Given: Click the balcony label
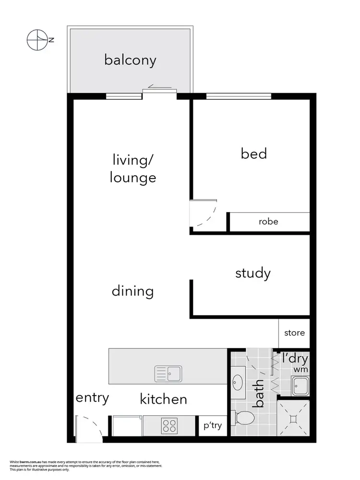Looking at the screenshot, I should click(x=130, y=60).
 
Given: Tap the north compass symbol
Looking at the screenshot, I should click(x=37, y=40).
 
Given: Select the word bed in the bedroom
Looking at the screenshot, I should click(x=253, y=154).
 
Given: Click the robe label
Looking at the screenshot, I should click(x=268, y=222).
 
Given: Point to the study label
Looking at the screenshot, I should click(x=253, y=274).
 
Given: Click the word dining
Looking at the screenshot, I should click(x=132, y=291).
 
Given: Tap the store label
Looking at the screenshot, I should click(x=294, y=333).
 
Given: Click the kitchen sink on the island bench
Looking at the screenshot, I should click(x=168, y=372).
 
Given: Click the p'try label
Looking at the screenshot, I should click(x=213, y=425).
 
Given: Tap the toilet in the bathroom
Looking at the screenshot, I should click(x=244, y=417).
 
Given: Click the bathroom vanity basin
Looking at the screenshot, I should click(x=238, y=383).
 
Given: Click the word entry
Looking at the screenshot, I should click(x=92, y=397).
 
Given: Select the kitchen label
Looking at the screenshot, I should click(x=163, y=399).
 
